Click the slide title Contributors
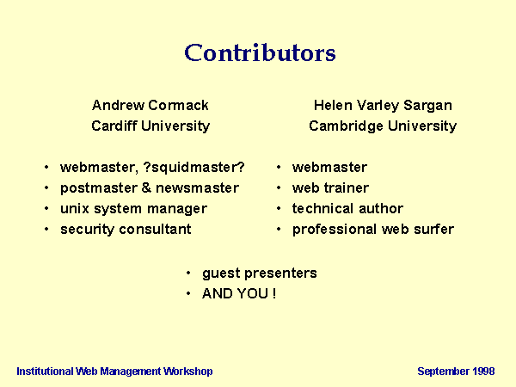click(260, 52)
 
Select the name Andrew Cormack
click(150, 105)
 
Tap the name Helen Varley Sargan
click(383, 106)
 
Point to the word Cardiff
click(114, 126)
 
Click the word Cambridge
click(346, 126)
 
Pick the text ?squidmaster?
click(193, 168)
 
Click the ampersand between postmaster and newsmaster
click(146, 187)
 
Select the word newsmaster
click(197, 188)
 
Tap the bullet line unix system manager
click(133, 209)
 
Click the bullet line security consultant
click(126, 230)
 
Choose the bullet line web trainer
click(330, 188)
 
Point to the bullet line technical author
click(347, 209)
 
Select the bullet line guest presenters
click(260, 273)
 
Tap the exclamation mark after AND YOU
click(273, 293)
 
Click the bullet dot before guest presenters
click(188, 273)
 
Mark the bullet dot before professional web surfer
click(279, 229)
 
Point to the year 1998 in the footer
click(483, 372)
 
